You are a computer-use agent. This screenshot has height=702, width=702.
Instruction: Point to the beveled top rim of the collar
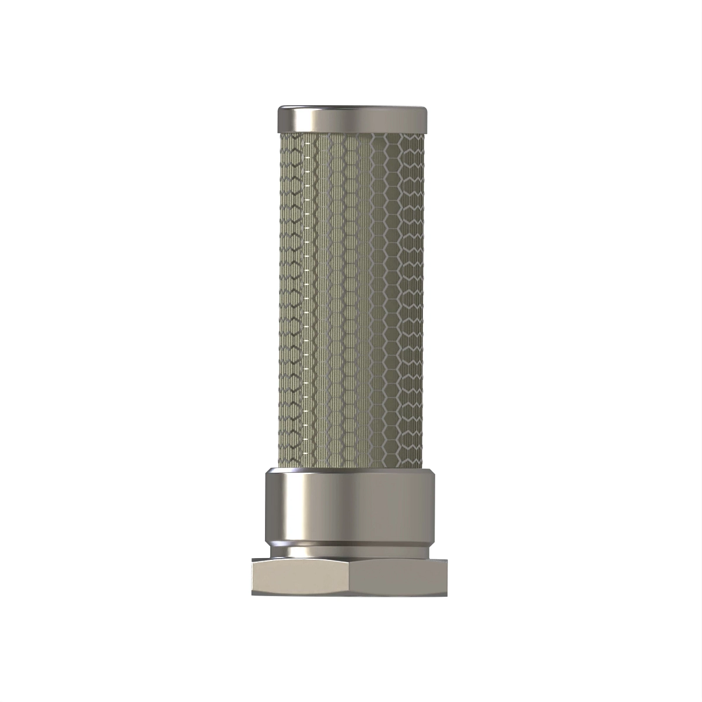351,472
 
